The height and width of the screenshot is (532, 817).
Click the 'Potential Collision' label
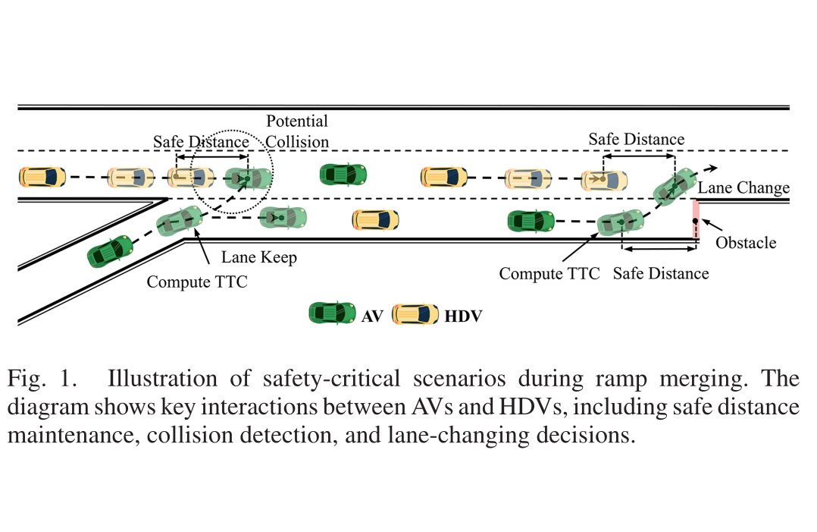(x=297, y=131)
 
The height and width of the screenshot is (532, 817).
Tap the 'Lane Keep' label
(x=259, y=257)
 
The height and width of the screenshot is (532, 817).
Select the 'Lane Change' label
(x=743, y=187)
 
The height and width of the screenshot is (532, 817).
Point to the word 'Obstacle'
(x=746, y=243)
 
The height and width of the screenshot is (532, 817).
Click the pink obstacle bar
(x=696, y=220)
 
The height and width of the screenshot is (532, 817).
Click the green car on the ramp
(x=110, y=251)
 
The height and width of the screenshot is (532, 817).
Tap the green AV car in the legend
(x=333, y=313)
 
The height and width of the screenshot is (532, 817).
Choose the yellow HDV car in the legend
(x=415, y=314)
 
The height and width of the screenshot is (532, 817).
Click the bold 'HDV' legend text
(x=463, y=316)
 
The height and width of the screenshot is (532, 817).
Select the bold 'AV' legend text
(x=372, y=316)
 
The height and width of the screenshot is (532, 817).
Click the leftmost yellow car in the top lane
(x=42, y=177)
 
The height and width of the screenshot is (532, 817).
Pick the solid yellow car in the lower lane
(x=375, y=220)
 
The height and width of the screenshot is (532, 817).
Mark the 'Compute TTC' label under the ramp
(x=197, y=282)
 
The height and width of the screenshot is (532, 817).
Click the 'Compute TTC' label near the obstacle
(x=549, y=274)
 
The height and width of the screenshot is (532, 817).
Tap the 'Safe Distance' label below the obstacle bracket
(x=661, y=274)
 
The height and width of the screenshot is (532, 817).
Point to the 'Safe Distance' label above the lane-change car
(x=636, y=139)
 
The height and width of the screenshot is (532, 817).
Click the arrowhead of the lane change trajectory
(x=713, y=168)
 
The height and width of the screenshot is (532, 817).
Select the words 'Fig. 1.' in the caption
(x=42, y=379)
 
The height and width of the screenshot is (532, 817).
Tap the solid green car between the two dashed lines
(x=343, y=175)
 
